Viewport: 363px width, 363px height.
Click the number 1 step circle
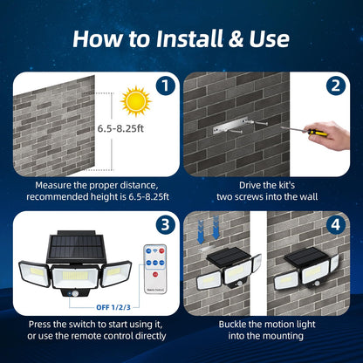[x=163, y=86]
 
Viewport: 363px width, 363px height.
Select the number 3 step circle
[x=163, y=223]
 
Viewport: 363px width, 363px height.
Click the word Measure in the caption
[x=53, y=185]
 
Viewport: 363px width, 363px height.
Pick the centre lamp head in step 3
[x=76, y=277]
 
